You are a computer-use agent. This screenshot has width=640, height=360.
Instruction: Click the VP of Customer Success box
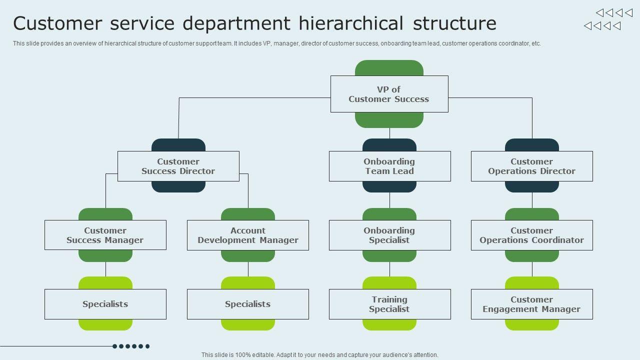coord(389,94)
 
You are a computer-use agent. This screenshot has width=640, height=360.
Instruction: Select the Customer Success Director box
coord(178,166)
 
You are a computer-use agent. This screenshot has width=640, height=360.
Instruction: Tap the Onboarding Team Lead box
coord(389,166)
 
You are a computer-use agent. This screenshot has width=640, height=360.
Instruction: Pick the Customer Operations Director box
coord(531,166)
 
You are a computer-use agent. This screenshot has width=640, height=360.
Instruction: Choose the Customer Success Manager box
coord(105,235)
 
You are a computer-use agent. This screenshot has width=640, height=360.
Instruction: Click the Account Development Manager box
coord(248,235)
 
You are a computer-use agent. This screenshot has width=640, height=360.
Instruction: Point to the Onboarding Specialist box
coord(389,235)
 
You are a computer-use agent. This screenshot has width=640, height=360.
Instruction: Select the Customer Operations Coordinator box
coord(531,235)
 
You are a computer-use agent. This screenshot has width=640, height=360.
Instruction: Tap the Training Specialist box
coord(389,304)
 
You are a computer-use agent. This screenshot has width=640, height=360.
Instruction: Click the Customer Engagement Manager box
coord(531,304)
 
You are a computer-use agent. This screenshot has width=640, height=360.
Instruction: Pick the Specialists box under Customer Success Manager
coord(105,304)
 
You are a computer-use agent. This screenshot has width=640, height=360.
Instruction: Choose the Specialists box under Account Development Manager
coord(248,304)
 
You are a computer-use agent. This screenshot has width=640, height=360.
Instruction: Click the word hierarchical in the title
coord(351,23)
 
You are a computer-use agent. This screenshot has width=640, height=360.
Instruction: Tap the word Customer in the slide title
coord(57,23)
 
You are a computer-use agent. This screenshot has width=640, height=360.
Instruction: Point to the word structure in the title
coord(454,23)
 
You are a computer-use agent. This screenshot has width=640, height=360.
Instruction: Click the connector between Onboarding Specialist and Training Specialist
coord(389,269)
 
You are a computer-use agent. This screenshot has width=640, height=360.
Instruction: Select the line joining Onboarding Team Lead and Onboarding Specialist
coord(389,200)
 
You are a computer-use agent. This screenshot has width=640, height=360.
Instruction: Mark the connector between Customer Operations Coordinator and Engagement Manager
coord(532,269)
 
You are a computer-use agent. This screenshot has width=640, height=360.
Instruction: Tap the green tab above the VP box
coord(389,68)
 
